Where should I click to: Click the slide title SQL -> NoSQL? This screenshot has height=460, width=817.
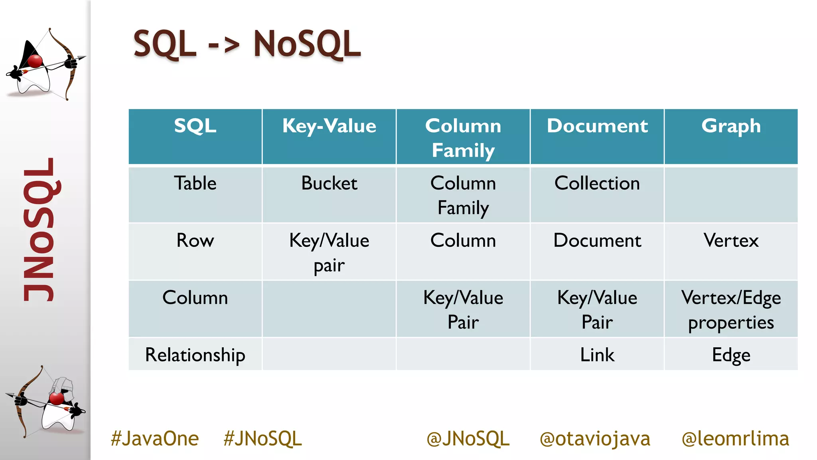247,44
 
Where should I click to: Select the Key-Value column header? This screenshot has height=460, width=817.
329,126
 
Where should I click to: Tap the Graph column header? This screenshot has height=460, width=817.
731,126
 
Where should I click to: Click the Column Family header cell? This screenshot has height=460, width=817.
463,137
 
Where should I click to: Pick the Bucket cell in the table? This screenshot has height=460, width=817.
329,184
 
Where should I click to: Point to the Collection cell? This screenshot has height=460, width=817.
597,184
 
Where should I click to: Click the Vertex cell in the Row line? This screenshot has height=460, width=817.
731,241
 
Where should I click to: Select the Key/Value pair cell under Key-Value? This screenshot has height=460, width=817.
329,252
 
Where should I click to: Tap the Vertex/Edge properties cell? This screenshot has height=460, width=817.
731,309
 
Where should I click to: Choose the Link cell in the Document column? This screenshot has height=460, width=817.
597,355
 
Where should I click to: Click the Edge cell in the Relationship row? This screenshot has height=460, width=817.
731,355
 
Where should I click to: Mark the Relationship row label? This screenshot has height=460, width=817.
195,355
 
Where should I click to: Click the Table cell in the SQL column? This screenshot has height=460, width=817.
195,184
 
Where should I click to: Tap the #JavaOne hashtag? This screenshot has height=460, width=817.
155,438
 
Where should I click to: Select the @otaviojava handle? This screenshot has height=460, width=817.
594,438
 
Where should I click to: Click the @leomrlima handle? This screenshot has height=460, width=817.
735,438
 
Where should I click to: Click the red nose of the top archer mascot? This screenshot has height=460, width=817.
35,61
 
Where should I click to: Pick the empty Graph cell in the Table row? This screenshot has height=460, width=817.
731,195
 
